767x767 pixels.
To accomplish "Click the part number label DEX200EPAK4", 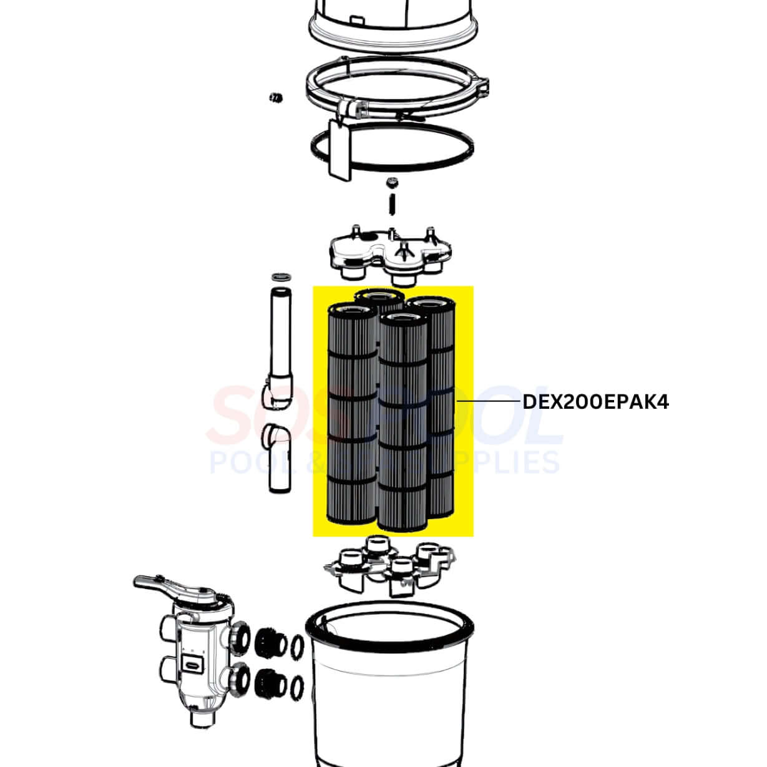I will point(595,403).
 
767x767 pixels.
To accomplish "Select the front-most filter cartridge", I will point(403,424).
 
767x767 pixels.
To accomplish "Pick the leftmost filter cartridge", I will point(352,412).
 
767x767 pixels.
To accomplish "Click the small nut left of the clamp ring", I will point(274,97).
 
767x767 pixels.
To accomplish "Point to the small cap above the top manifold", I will point(392,182).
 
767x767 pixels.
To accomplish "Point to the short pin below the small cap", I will point(392,204).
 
